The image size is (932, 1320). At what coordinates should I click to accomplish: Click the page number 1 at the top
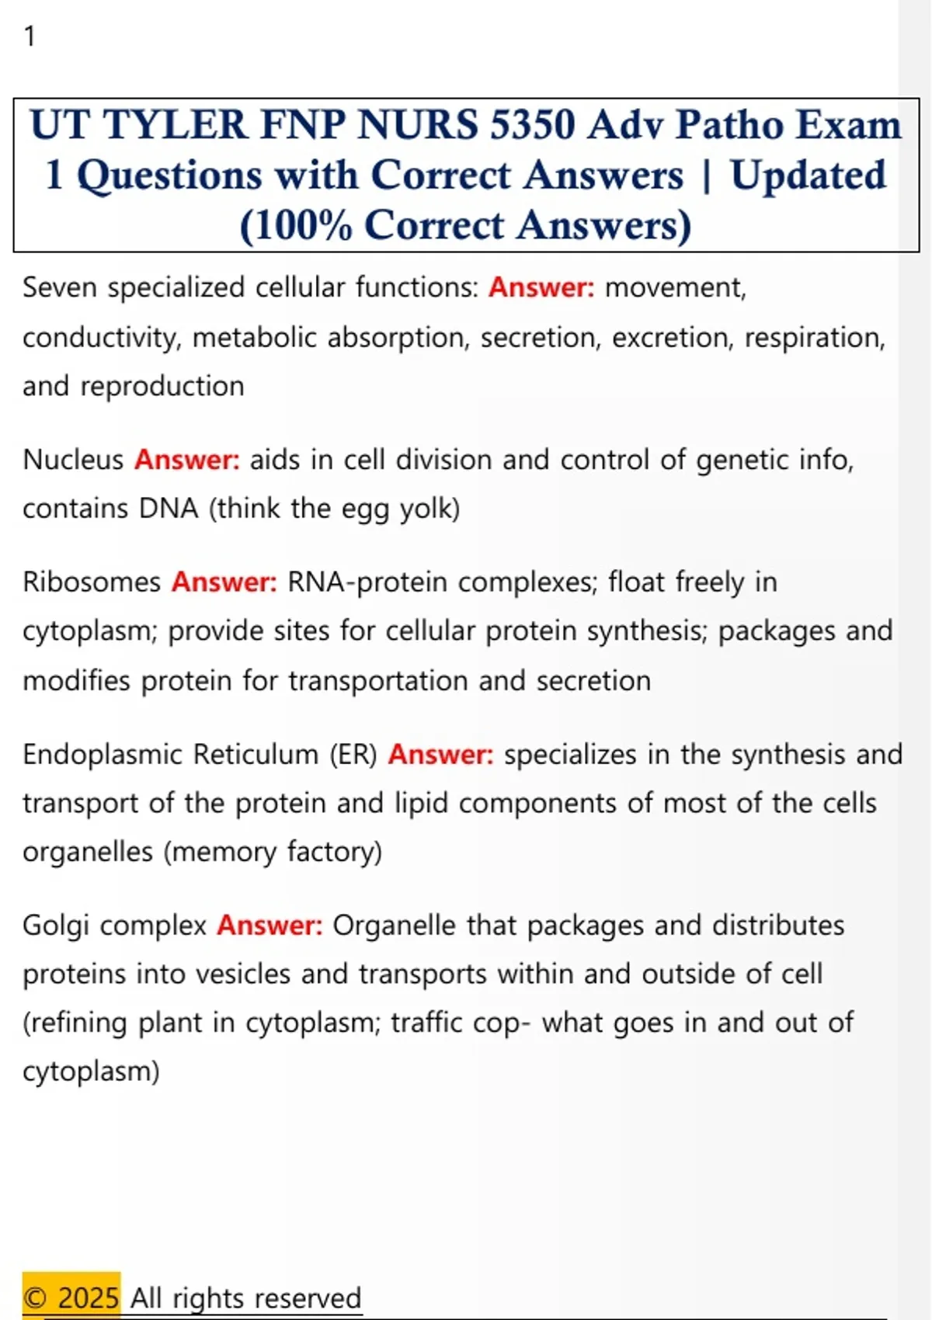(x=30, y=36)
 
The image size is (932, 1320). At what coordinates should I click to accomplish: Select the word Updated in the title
(x=808, y=175)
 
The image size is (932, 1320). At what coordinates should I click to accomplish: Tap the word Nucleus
(x=73, y=460)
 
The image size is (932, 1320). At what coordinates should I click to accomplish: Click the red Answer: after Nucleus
(x=187, y=460)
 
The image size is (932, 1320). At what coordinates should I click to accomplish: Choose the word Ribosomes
(x=92, y=582)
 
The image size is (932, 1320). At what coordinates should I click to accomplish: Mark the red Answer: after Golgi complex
(x=270, y=926)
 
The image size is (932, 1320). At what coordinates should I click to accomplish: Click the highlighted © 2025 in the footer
(x=71, y=1297)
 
